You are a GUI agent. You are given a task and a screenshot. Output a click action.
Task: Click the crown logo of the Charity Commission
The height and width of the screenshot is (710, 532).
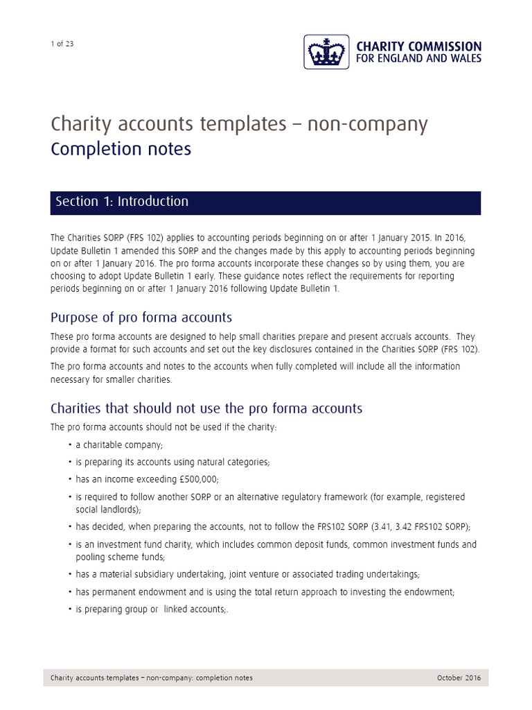tap(326, 52)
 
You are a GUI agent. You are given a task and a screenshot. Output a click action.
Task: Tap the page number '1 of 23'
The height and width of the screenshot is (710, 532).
tap(62, 44)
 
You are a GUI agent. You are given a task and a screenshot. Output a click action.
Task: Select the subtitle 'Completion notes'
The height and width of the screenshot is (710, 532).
tap(121, 149)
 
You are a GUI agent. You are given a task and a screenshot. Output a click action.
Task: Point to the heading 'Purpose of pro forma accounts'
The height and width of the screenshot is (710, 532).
tap(141, 318)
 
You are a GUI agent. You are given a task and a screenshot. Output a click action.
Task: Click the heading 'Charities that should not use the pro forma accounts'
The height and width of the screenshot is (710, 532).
tap(206, 408)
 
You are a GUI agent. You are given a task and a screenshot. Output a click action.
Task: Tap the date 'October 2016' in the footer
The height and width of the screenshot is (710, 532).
tap(459, 677)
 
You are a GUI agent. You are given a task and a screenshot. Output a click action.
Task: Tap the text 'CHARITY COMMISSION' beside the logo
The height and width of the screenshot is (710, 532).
tap(418, 46)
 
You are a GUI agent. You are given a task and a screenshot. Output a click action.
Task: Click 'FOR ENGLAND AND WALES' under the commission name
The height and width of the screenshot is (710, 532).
tap(418, 60)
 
